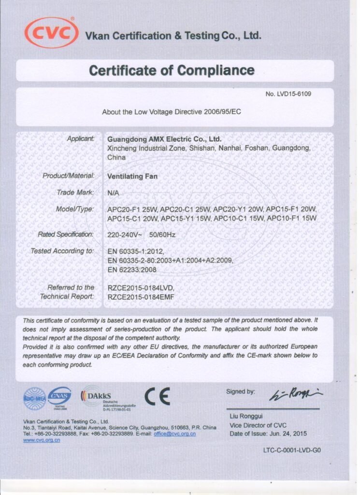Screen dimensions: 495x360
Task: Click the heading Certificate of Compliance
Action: (172, 70)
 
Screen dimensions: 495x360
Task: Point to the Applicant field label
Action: (81, 139)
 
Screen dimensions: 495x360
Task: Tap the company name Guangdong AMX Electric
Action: (164, 139)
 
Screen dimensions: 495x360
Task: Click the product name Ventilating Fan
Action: (132, 176)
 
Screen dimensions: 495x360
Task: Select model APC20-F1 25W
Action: (132, 209)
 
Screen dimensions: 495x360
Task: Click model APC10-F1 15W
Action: (292, 218)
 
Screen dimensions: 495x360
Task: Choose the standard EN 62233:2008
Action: (132, 269)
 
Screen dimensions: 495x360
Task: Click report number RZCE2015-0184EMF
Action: (140, 296)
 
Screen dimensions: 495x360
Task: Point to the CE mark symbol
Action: (158, 396)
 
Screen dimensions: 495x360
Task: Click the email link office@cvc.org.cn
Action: (174, 434)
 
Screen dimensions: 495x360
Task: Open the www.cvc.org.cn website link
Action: (42, 440)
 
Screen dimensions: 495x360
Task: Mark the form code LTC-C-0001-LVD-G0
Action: (291, 450)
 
